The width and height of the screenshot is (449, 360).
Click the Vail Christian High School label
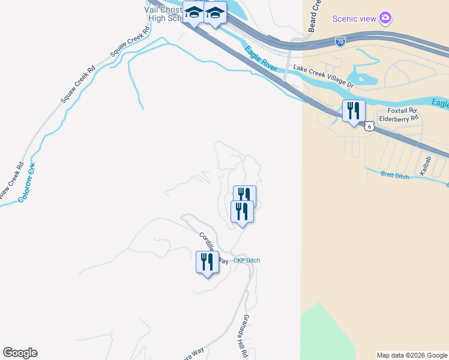pos(163,13)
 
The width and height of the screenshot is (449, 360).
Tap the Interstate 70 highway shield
pos(340,41)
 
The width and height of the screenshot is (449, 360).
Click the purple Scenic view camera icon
pos(386,18)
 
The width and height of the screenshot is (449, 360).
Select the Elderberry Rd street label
pos(399,119)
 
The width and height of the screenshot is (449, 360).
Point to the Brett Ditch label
pos(395,175)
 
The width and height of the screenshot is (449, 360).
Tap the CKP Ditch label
pos(247,260)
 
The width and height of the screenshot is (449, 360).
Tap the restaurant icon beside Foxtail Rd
pos(354,110)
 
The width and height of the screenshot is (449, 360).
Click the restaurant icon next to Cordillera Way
pos(207,262)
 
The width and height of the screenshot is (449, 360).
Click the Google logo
pos(20,353)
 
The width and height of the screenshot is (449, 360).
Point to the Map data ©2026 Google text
pos(412,355)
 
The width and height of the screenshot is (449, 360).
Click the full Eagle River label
pos(261,59)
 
